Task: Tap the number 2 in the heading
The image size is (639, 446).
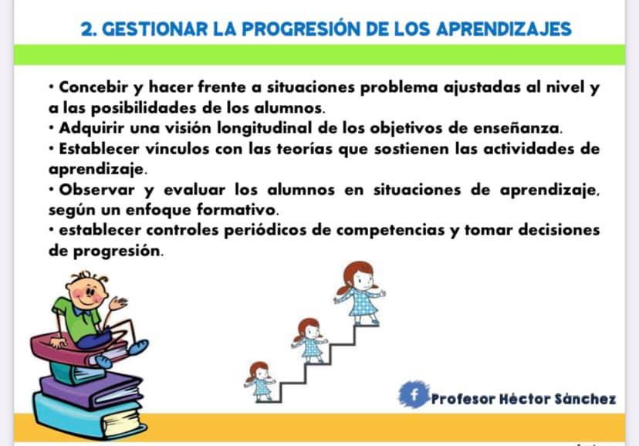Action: coord(86,29)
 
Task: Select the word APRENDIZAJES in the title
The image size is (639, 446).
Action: coord(504,29)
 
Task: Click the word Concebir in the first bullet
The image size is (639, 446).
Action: coord(93,86)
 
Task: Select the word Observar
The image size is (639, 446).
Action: coord(96,189)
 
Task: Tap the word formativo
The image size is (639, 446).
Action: coord(238,210)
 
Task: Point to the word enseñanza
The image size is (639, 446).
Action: coord(518,128)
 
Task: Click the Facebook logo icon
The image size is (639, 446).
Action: coord(414,394)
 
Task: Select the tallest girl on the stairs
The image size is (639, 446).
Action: coord(359,293)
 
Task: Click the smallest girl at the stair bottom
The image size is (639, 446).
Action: coord(259,381)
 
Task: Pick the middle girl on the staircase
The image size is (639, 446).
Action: coord(309,340)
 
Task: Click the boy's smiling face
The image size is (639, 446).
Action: coord(86,292)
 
